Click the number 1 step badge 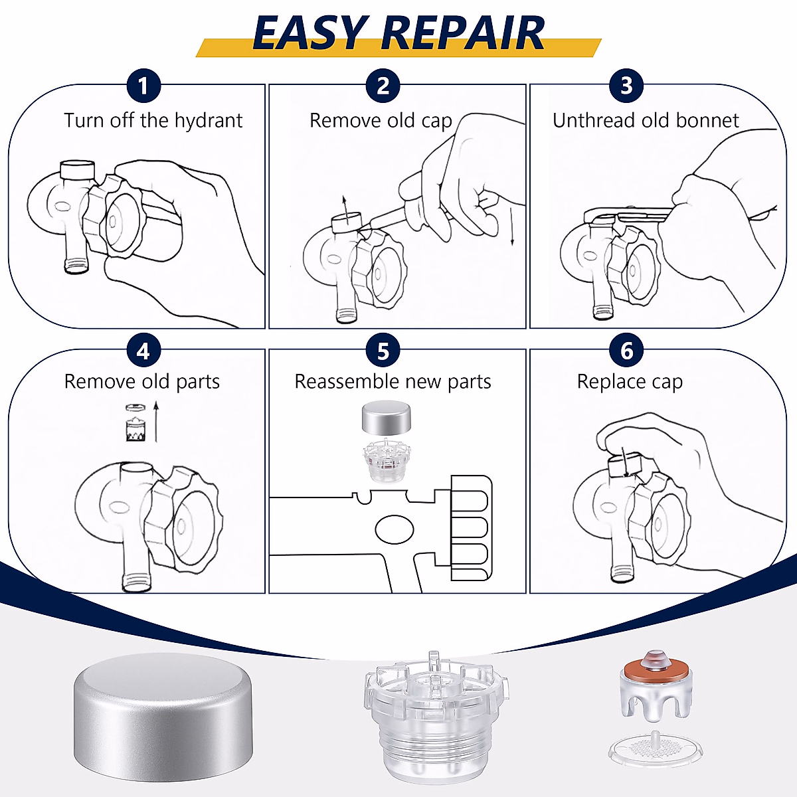pos(143,86)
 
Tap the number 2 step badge pos(383,86)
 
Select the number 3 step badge pos(626,86)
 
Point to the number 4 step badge pos(143,351)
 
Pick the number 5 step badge pos(383,351)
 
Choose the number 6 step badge pos(626,351)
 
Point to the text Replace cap pos(630,382)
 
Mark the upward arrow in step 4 pos(156,421)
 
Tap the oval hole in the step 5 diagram pos(395,529)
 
